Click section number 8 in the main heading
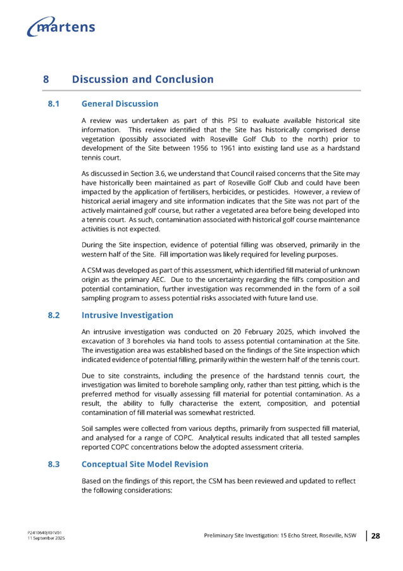46,80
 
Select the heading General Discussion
120,104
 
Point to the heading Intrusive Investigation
127,315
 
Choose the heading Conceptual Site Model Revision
144,465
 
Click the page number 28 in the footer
375,536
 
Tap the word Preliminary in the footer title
220,536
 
